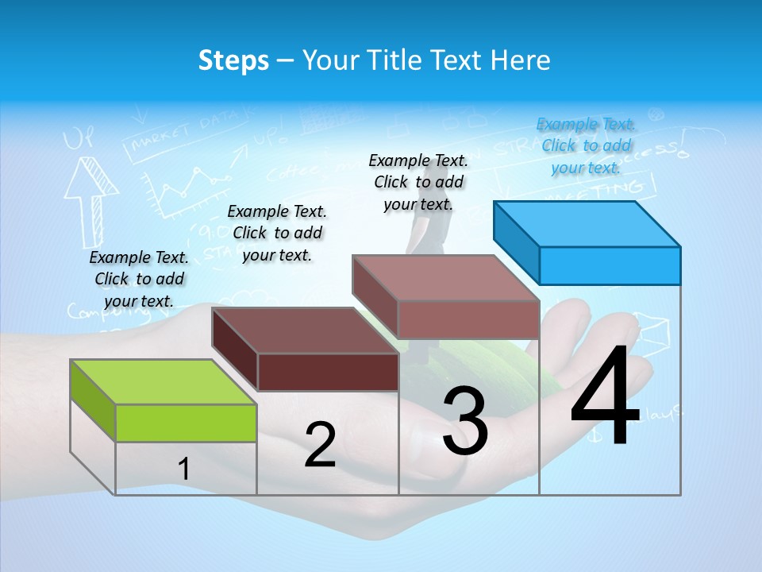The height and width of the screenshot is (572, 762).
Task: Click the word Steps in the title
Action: tap(233, 60)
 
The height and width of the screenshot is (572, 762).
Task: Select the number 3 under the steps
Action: tap(464, 421)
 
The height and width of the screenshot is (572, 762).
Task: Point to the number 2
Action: tap(320, 445)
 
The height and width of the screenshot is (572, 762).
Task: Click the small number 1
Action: tap(183, 470)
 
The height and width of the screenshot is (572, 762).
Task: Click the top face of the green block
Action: tap(163, 381)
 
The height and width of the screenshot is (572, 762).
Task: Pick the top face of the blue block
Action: tap(587, 223)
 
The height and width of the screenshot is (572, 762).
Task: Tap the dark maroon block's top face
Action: tap(306, 330)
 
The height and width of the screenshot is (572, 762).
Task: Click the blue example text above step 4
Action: tap(586, 145)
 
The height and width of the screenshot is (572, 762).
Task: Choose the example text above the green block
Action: tap(139, 279)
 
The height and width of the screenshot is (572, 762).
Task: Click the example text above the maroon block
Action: tap(277, 233)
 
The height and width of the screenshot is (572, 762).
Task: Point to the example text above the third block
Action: tap(418, 182)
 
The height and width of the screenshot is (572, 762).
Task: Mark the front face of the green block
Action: tap(186, 423)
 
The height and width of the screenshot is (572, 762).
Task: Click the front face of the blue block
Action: tap(610, 265)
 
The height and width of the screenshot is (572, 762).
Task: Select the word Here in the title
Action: tap(521, 60)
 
